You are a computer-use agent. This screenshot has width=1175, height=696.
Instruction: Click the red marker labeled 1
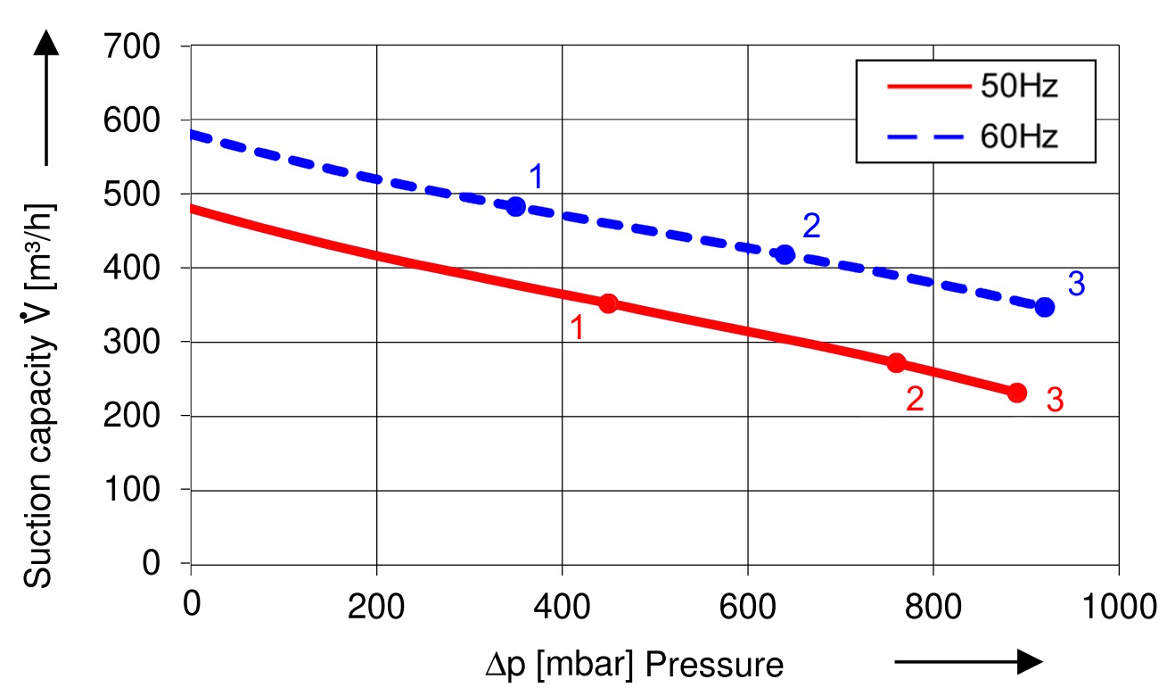[608, 303]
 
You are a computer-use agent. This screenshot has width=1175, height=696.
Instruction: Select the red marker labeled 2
[896, 362]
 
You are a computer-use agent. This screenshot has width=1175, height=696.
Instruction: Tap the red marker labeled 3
[1017, 393]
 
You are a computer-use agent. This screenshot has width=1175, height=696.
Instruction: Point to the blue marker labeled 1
[515, 207]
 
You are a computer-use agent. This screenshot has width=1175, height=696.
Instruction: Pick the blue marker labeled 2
[785, 254]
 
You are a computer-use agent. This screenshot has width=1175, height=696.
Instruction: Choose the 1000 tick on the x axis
[1118, 606]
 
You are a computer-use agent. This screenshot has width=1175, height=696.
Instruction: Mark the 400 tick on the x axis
[562, 606]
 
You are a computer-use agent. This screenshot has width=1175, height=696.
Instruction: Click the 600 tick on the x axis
[747, 606]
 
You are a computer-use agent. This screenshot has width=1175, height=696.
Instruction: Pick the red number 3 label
[1055, 401]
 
